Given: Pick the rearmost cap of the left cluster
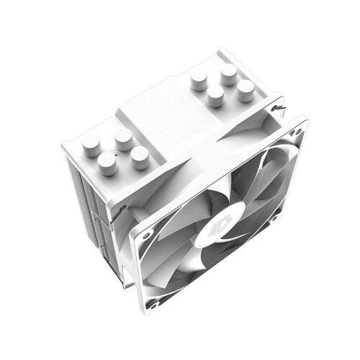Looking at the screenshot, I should point(123,136).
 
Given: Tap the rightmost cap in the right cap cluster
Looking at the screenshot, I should point(246,89).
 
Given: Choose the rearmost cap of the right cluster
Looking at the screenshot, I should point(229,72).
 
